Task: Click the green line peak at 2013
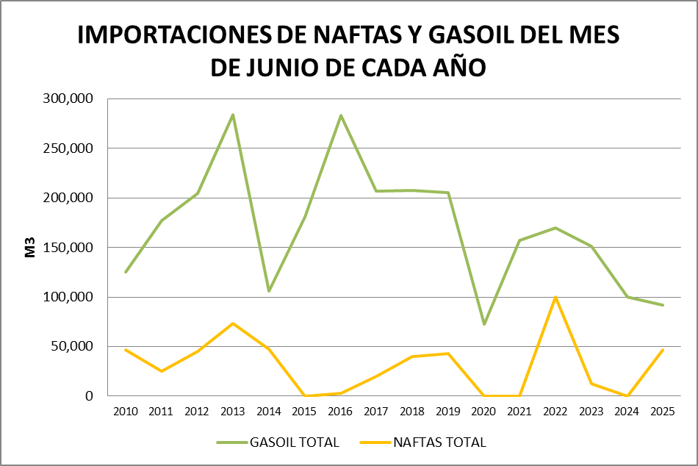click(x=233, y=115)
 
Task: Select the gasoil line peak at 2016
click(x=341, y=115)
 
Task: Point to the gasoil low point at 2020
click(x=484, y=324)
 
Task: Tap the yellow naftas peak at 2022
click(x=556, y=297)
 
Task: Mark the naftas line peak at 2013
click(x=233, y=323)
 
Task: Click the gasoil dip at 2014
click(x=269, y=291)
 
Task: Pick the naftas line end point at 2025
click(x=664, y=350)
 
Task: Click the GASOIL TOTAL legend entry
click(x=278, y=442)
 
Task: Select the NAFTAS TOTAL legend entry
click(x=424, y=442)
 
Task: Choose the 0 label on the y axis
click(x=90, y=396)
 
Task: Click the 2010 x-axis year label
click(x=125, y=411)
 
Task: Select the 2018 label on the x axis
click(x=412, y=411)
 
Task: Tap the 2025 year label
click(x=664, y=411)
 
